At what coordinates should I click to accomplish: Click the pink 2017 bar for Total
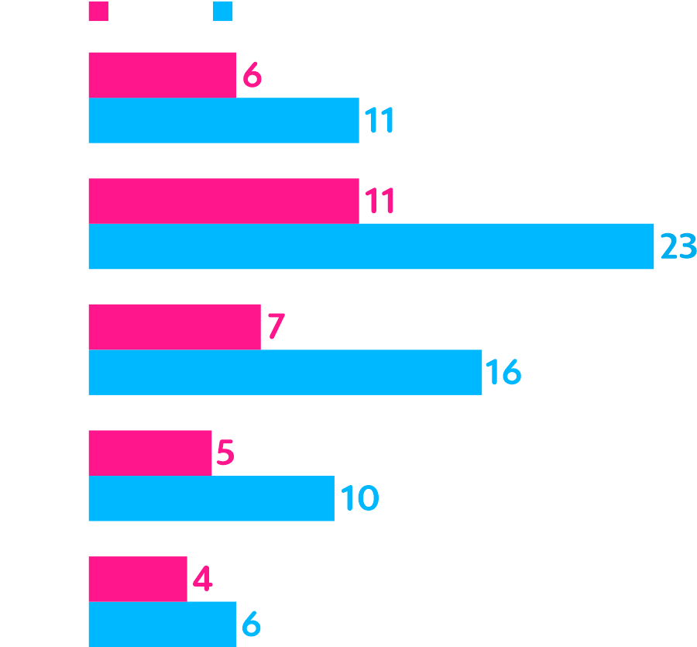click(x=163, y=75)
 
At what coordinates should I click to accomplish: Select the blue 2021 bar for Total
click(x=224, y=121)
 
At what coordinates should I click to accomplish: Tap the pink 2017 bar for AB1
click(x=224, y=201)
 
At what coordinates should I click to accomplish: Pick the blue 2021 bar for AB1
click(x=371, y=246)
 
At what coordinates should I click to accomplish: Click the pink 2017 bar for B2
click(x=174, y=327)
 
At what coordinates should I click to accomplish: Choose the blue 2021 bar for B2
click(x=285, y=373)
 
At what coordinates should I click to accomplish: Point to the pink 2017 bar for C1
click(x=149, y=453)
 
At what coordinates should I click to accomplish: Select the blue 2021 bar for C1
click(x=211, y=498)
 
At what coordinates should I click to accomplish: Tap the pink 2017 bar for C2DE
click(x=138, y=579)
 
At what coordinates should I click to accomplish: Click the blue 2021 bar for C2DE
click(x=163, y=624)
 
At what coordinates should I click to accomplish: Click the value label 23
click(x=678, y=246)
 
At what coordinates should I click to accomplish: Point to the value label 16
click(x=503, y=373)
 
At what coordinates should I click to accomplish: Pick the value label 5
click(x=225, y=453)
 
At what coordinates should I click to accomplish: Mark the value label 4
click(x=202, y=579)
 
